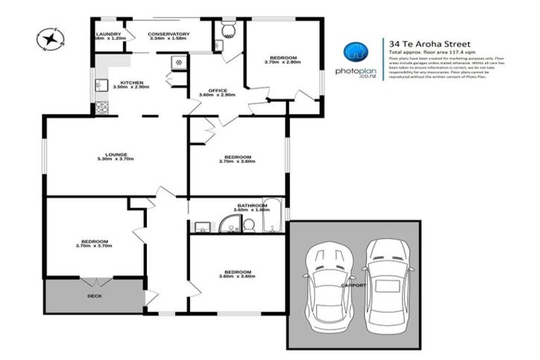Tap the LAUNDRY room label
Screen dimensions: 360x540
109,34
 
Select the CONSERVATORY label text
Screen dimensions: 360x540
169,34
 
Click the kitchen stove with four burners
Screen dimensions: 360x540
102,108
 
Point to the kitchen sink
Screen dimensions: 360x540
100,86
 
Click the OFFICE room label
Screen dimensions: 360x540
217,90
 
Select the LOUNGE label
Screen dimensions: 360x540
117,155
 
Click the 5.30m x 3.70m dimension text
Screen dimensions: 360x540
117,160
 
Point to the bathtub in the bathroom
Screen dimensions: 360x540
272,219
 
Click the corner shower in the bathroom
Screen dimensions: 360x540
229,224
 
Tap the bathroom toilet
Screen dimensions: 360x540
248,224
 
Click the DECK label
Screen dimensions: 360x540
95,295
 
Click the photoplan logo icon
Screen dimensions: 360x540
358,52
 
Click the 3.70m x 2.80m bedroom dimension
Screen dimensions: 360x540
282,63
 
